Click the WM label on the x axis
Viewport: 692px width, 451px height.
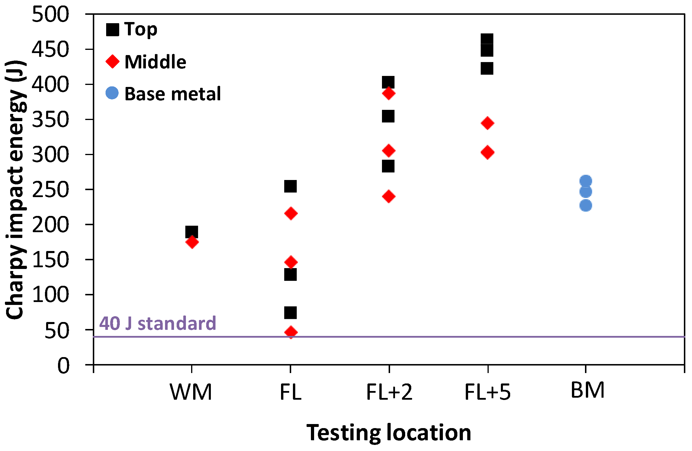(x=191, y=392)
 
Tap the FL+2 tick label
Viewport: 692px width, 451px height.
(x=389, y=392)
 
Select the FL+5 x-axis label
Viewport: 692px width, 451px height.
(x=487, y=392)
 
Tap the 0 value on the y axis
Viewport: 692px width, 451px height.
(x=64, y=365)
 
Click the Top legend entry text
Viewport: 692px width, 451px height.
(x=141, y=29)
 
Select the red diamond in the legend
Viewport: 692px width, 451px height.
(x=113, y=62)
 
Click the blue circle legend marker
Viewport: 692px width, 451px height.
(x=112, y=93)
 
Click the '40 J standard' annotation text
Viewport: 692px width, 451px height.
(x=157, y=323)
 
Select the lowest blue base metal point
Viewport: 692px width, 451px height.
(x=586, y=206)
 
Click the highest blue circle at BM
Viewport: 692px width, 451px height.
(x=586, y=181)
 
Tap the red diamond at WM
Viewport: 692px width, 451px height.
(x=192, y=242)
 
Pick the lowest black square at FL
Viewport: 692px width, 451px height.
(x=291, y=313)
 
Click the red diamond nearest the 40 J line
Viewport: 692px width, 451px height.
(x=291, y=332)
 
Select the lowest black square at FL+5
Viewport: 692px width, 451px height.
(x=487, y=69)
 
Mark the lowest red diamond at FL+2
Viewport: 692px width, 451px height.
(x=389, y=197)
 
